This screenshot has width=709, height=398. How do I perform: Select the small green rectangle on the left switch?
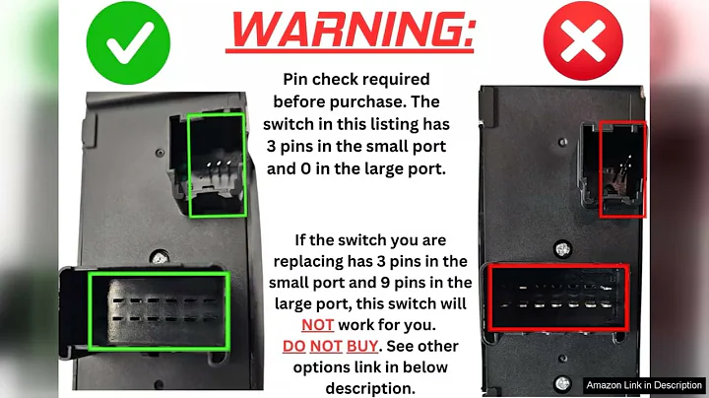pos(217,165)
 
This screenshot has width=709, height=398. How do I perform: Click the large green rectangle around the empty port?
pos(160,308)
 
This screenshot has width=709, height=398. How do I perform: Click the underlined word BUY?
pos(361,347)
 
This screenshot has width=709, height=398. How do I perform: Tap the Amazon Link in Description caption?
pos(644,385)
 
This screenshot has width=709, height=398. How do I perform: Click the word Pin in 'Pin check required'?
pos(298,79)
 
